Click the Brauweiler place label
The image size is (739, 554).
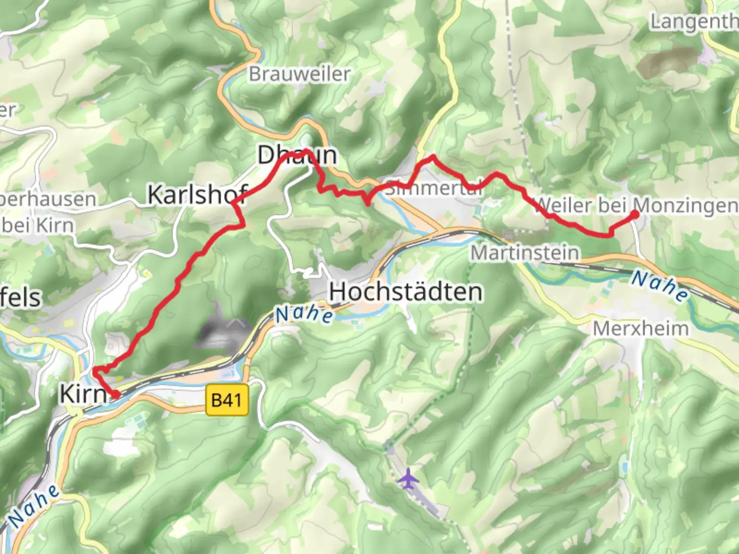click(x=300, y=74)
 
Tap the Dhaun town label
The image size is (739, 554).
click(x=297, y=155)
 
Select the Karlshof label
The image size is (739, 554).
click(x=198, y=195)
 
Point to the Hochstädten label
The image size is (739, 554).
click(x=406, y=292)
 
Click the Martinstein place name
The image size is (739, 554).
click(x=525, y=253)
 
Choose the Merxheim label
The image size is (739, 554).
click(x=640, y=328)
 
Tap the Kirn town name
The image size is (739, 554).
click(x=84, y=394)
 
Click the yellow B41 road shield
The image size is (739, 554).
click(x=226, y=400)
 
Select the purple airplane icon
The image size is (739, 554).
click(x=408, y=479)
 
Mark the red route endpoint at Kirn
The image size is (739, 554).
click(x=117, y=394)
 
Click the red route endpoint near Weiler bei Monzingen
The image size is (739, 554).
click(x=634, y=215)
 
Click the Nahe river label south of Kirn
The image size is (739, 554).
click(x=34, y=506)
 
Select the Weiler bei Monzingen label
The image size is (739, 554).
click(x=635, y=206)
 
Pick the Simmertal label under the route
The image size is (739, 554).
click(x=434, y=188)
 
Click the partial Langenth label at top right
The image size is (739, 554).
click(x=694, y=22)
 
